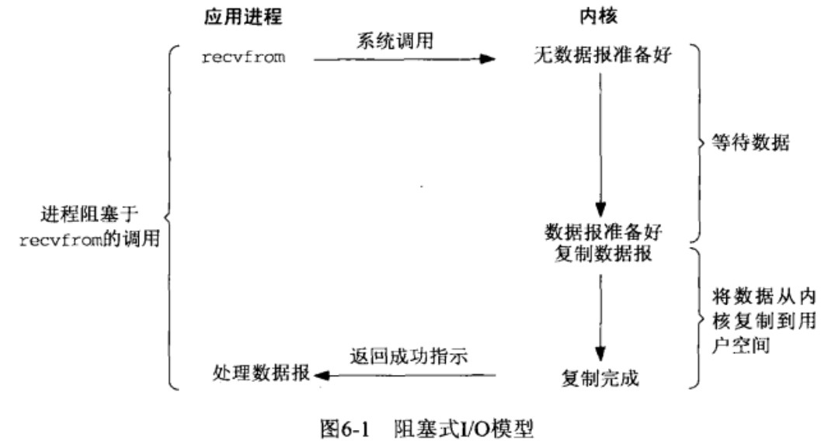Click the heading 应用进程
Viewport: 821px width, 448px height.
(x=243, y=16)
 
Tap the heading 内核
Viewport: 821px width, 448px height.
(x=599, y=16)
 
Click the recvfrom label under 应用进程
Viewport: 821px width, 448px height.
(x=243, y=57)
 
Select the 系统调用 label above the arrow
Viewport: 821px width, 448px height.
(x=395, y=41)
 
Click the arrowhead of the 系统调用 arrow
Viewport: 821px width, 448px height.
(x=488, y=58)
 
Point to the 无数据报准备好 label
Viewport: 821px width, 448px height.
(x=603, y=54)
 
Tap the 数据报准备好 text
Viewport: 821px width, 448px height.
(x=604, y=231)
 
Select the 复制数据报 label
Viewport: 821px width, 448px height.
(x=604, y=254)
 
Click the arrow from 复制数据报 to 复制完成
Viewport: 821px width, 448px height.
(x=600, y=318)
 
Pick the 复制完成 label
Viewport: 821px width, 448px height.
(x=600, y=378)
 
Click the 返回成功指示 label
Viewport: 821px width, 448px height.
(x=409, y=356)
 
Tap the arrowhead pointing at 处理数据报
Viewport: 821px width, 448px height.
(x=322, y=375)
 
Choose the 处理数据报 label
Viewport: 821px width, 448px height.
(x=261, y=373)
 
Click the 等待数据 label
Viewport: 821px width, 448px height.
(x=750, y=142)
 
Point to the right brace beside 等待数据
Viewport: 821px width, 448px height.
(x=698, y=142)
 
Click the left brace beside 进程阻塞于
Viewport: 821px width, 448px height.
(x=169, y=217)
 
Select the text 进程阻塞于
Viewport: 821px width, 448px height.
(x=89, y=214)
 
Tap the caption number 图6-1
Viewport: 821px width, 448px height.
(x=345, y=429)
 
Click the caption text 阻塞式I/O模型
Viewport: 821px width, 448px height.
(x=464, y=429)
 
